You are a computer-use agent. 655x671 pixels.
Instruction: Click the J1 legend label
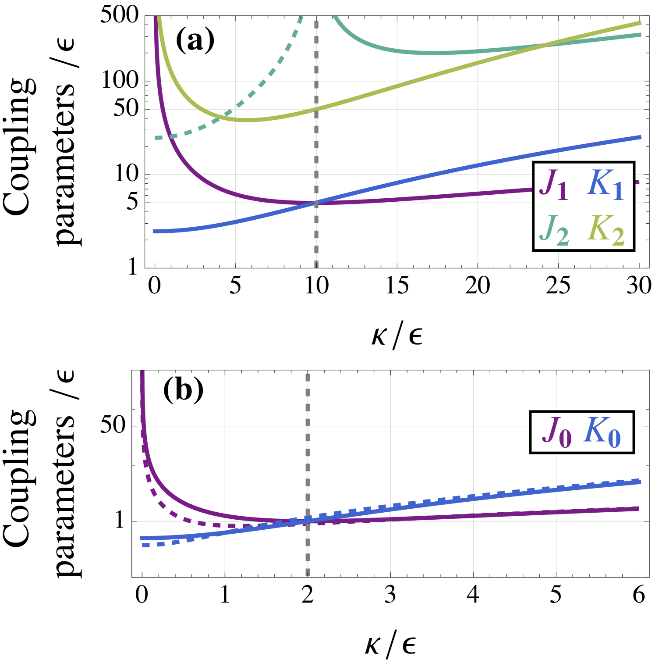554,185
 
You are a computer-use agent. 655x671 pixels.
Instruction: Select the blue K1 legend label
606,185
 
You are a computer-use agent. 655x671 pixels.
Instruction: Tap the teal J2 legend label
554,230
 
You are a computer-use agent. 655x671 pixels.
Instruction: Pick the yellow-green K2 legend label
606,230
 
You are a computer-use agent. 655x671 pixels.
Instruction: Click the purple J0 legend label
557,432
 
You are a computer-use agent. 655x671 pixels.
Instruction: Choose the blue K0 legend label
602,432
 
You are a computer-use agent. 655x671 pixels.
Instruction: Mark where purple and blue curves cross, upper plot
316,203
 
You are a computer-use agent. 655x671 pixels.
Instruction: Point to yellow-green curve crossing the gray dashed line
316,109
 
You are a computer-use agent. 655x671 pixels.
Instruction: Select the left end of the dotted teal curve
156,138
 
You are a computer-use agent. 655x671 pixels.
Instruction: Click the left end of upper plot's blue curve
153,231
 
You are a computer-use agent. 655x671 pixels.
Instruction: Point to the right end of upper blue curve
641,137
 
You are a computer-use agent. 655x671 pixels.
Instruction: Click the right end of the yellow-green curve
641,23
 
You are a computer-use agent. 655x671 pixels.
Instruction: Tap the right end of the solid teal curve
641,35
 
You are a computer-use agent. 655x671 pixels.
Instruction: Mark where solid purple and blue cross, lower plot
302,521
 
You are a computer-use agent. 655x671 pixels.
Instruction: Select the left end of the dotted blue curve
143,545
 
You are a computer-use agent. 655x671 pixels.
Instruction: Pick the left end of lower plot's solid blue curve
141,538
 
